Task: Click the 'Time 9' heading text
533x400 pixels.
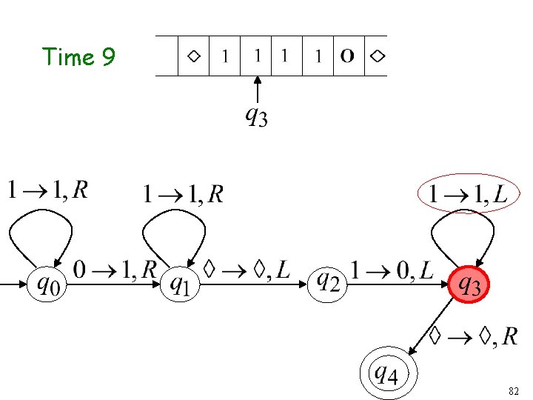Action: (78, 57)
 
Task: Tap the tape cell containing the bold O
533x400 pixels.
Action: (347, 56)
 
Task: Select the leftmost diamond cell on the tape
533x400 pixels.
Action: (193, 56)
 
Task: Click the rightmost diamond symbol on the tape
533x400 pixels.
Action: (378, 56)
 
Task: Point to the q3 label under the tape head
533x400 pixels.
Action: (256, 116)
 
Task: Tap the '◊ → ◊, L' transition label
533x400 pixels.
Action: (246, 270)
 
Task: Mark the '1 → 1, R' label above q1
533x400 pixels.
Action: (183, 195)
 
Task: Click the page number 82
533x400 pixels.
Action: (514, 390)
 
